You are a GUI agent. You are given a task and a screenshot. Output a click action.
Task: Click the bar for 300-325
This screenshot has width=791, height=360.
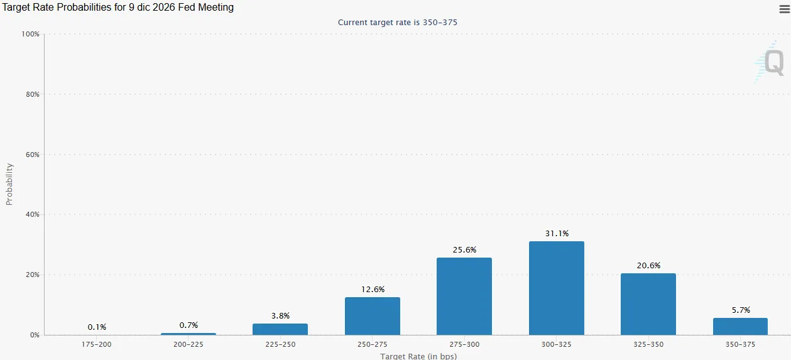coord(557,288)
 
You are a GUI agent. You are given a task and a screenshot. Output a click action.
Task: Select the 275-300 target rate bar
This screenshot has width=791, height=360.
coord(464,296)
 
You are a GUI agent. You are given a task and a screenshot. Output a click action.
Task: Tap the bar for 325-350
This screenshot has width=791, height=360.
coord(648,304)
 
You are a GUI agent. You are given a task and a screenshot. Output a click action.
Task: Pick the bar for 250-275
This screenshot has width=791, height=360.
coord(373,316)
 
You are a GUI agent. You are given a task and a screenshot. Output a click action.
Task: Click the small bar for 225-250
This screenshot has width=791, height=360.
coord(280,329)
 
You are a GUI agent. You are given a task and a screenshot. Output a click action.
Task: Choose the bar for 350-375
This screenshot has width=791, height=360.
coord(740,326)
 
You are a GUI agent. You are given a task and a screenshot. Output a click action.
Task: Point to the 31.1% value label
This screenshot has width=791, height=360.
coord(557,234)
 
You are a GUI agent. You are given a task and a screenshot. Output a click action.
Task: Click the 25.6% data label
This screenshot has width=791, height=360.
coord(465,250)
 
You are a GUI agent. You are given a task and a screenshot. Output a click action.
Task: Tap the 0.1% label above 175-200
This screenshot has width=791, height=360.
coord(97,327)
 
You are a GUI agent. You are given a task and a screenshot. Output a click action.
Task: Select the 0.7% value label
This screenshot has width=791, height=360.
coord(188,325)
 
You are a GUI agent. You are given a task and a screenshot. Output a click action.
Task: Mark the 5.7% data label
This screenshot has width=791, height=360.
coord(741,310)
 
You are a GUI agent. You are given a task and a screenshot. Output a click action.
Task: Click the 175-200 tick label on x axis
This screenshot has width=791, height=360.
coord(96,344)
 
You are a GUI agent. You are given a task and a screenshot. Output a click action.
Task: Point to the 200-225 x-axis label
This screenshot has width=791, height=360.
coord(188,344)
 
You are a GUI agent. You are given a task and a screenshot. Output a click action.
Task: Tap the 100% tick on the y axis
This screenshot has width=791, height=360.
coord(30,35)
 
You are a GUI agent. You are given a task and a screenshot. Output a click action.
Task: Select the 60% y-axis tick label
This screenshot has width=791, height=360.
coord(33,155)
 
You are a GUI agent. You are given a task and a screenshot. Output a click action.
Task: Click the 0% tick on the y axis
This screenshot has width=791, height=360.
coord(35,335)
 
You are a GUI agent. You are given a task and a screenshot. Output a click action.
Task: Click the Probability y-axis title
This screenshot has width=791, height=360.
coord(9,184)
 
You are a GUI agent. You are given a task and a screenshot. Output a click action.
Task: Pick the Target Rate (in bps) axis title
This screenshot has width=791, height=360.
coord(418,356)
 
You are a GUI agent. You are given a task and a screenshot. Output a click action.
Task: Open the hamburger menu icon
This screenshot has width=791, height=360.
coord(785,9)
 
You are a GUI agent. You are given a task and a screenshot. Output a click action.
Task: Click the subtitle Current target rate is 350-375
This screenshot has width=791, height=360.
coord(398,22)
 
